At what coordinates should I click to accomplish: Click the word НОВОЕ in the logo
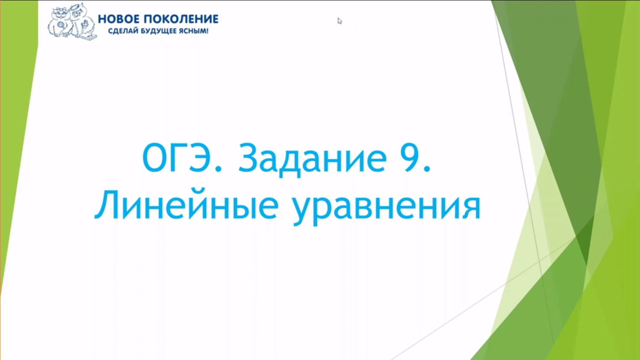coord(119,19)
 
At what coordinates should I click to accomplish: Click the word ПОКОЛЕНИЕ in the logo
coord(181,19)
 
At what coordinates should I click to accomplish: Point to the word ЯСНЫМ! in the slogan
coord(194,31)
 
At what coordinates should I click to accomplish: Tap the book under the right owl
coord(88,37)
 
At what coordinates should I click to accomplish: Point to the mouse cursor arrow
coord(340,21)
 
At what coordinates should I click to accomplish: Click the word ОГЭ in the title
coord(176,159)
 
